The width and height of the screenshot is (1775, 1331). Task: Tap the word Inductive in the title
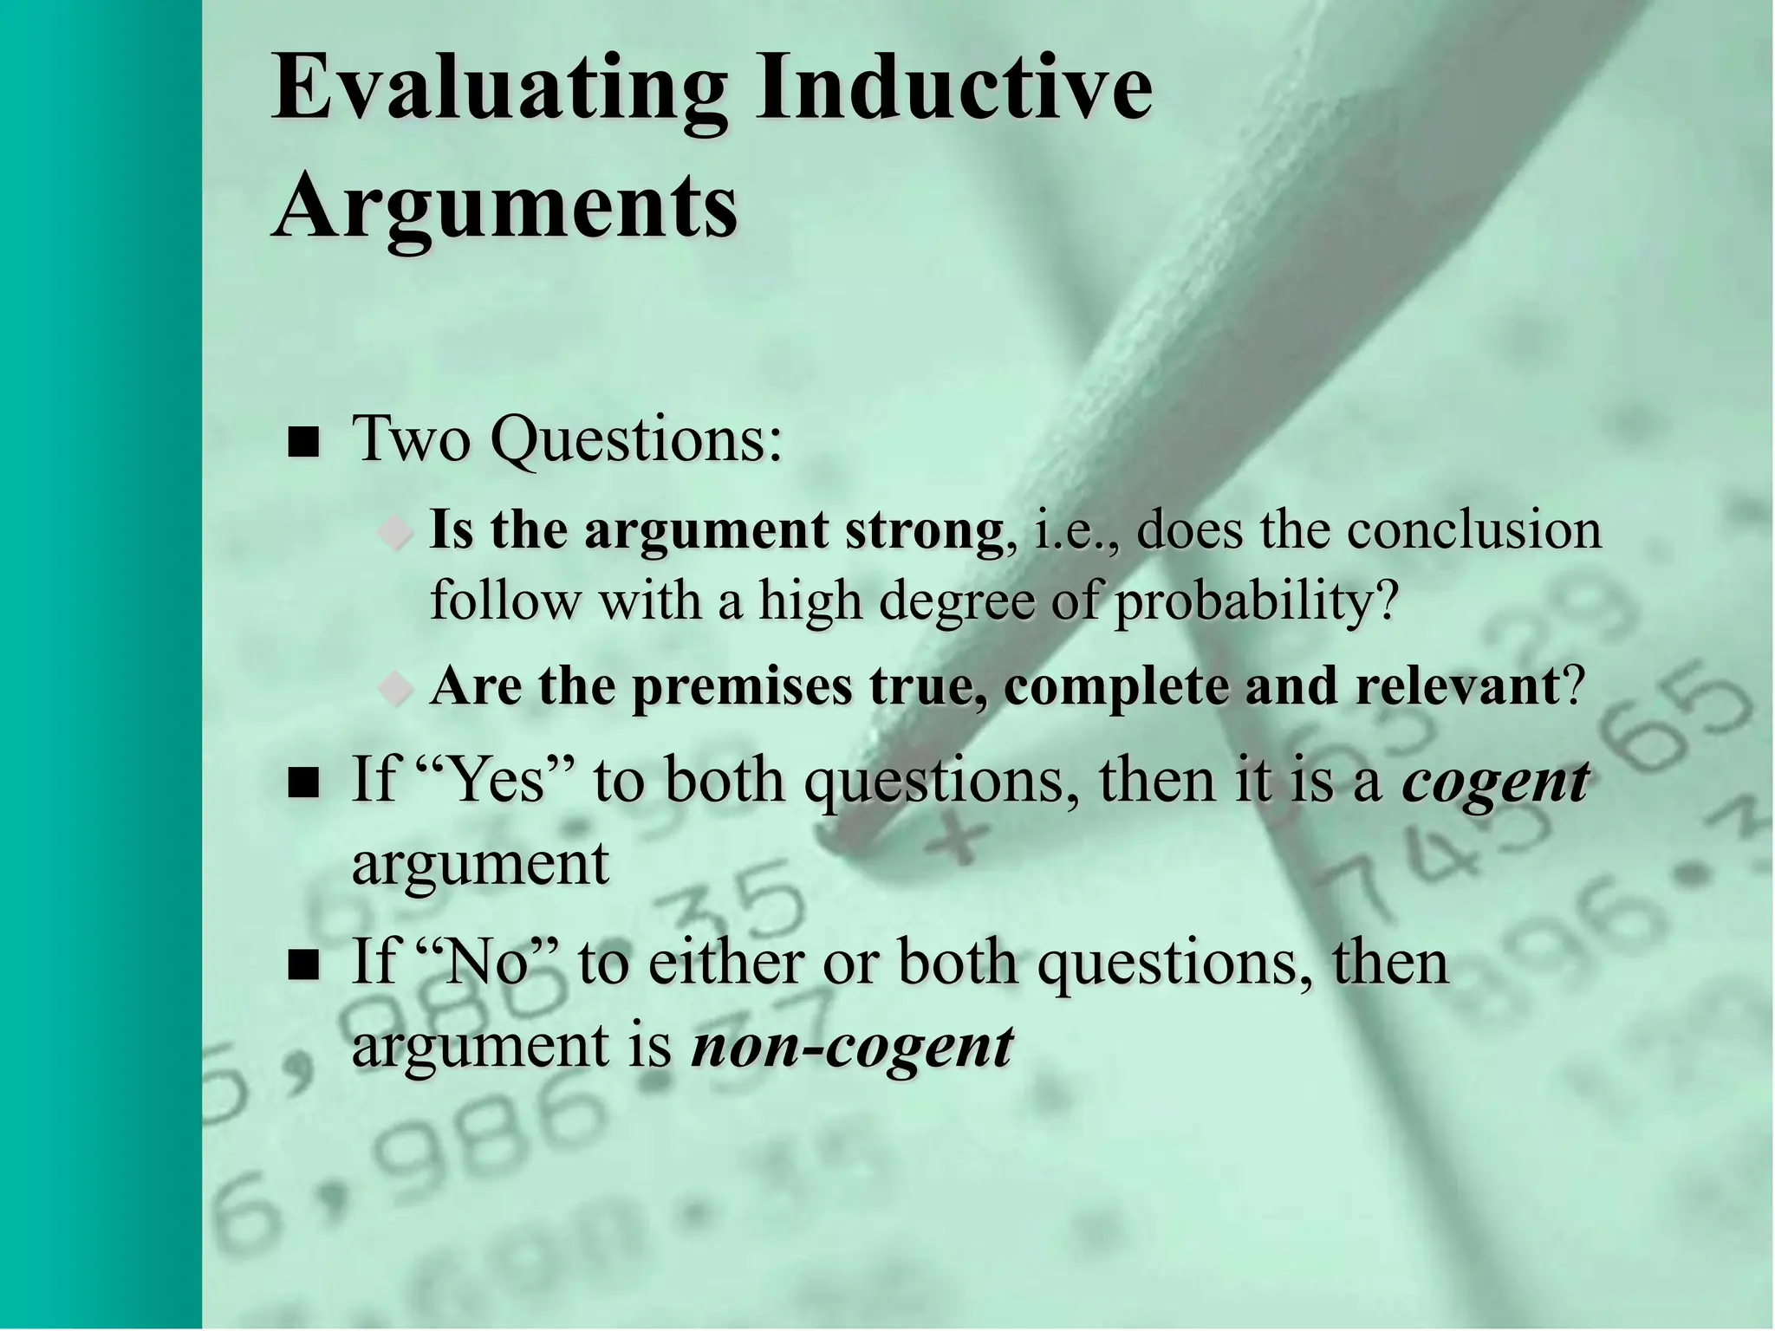pos(953,87)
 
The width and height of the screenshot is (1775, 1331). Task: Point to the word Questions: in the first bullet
pos(636,440)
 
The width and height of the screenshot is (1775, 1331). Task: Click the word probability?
pos(1257,600)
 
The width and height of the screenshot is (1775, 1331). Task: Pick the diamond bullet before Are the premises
pos(396,689)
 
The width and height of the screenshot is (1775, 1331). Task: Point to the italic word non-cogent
pos(852,1047)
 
